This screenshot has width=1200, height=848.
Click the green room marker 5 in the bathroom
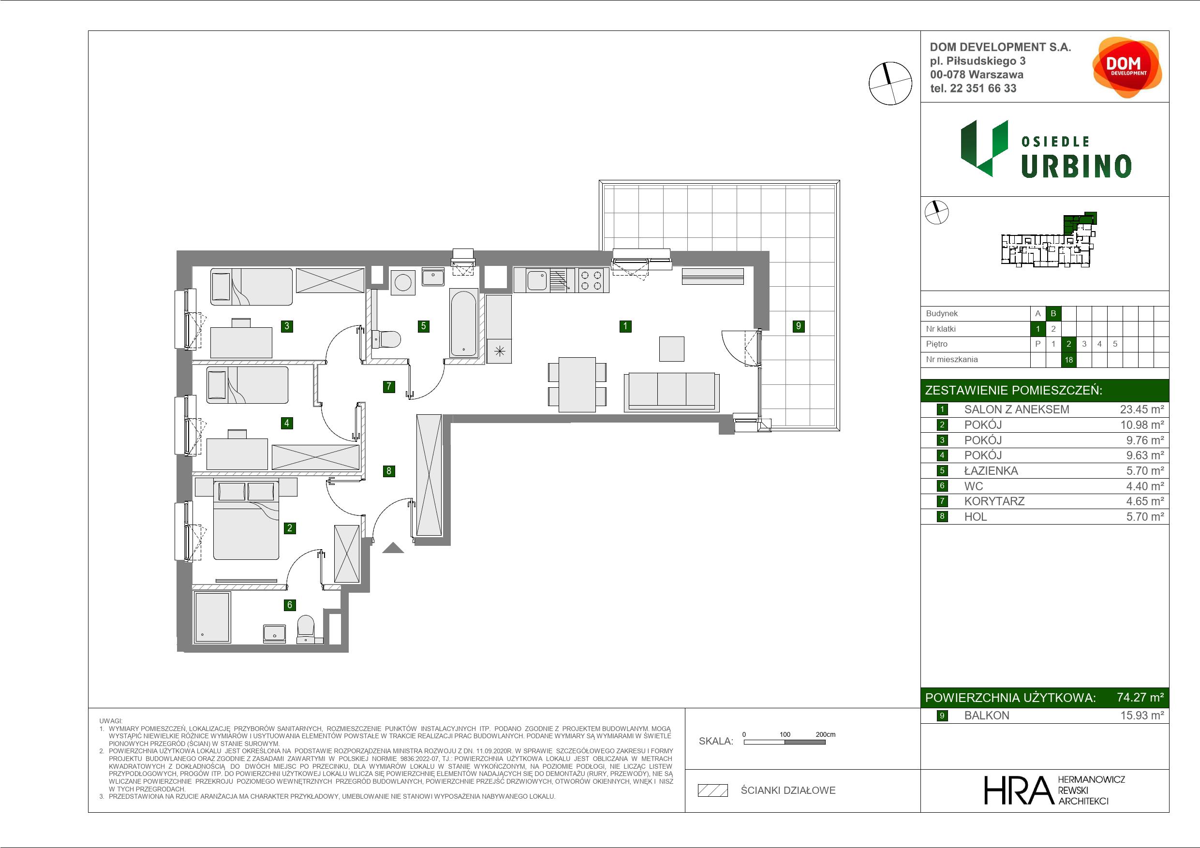coord(423,326)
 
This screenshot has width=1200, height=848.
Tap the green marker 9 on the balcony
coord(798,326)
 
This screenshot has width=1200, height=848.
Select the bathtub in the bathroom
coord(463,323)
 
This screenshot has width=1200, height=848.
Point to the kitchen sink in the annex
coord(537,280)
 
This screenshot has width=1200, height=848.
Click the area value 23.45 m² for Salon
coord(1142,409)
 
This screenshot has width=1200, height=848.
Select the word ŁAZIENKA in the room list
coord(991,471)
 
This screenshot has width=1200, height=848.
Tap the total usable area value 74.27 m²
coord(1140,698)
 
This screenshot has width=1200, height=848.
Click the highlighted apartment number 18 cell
coord(1069,360)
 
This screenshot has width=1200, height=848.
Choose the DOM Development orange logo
coord(1127,67)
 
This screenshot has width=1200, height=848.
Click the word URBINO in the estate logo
coord(1076,167)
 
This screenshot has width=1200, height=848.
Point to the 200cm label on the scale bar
coord(825,734)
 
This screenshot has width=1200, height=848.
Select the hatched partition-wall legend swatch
coord(713,790)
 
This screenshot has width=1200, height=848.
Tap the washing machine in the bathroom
coord(402,283)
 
